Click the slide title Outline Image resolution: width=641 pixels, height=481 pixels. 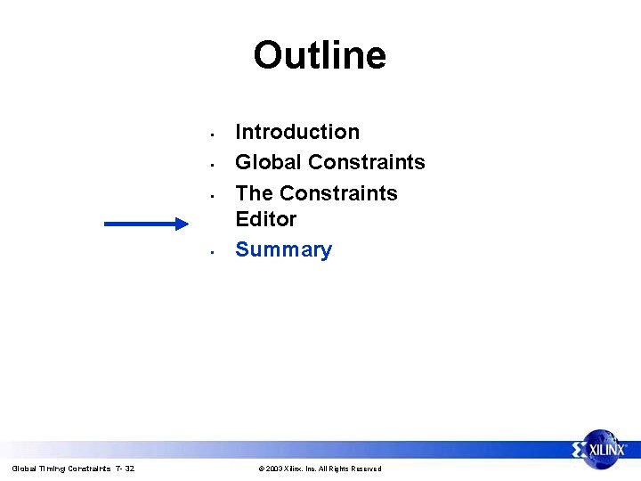coord(320,55)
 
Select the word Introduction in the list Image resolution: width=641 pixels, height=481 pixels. coord(297,132)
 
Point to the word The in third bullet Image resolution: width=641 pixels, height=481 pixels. coord(254,193)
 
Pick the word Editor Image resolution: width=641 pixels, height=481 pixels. coord(265,219)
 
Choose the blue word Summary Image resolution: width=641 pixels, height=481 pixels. coord(283,250)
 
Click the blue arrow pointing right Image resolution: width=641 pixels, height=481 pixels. coord(142,224)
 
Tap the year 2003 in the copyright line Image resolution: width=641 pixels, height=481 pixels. coord(274,469)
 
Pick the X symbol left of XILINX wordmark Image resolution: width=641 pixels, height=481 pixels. coord(580,448)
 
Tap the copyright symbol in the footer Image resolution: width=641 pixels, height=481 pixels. coord(261,469)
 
